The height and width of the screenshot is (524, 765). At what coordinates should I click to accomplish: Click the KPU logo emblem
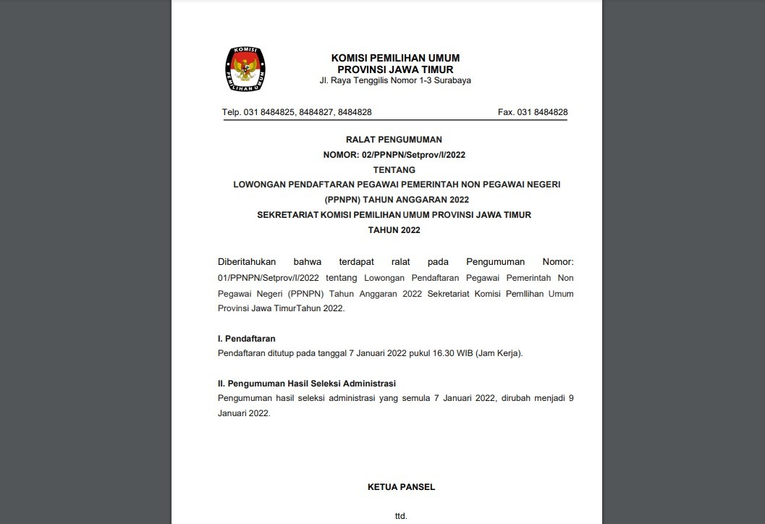(245, 69)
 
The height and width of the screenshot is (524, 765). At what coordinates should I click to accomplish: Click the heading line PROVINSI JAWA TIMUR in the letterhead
(395, 69)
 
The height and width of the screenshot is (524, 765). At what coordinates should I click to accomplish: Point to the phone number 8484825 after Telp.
(279, 112)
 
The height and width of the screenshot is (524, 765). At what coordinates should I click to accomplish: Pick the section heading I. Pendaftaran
(247, 338)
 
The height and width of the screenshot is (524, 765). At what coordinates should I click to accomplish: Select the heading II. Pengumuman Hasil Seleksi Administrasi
(307, 384)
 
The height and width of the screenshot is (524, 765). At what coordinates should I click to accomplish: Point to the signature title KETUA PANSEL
(401, 487)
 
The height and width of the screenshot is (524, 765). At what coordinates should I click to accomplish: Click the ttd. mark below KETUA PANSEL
(401, 516)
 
